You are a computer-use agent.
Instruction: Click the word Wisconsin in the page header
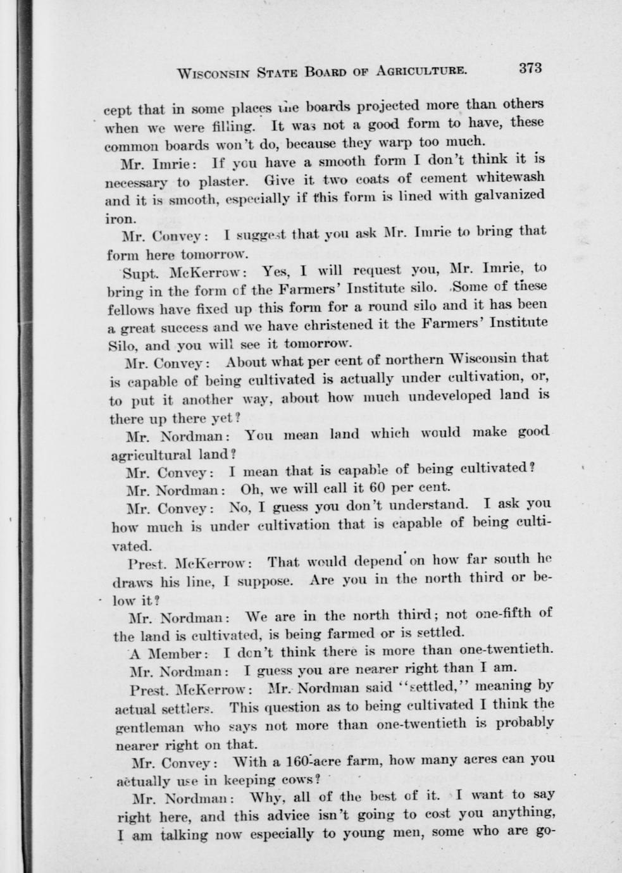coord(214,73)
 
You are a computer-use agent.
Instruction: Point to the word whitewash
coord(508,178)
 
